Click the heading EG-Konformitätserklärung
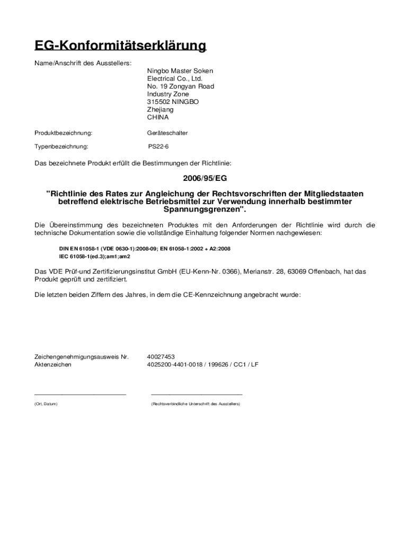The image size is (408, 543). (120, 46)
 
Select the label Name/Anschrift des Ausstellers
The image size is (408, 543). (75, 64)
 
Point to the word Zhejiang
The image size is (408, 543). (160, 110)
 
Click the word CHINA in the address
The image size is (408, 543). (158, 117)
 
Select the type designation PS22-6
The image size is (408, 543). (158, 146)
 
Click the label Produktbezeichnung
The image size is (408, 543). (64, 133)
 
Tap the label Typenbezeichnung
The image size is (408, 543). (61, 146)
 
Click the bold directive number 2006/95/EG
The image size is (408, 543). (205, 179)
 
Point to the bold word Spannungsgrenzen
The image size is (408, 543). (203, 209)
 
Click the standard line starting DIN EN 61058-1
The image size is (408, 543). (144, 248)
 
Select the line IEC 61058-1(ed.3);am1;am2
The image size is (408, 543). (94, 256)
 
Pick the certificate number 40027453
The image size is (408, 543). (161, 357)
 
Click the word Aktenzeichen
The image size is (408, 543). (53, 365)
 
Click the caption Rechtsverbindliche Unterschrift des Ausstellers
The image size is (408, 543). (196, 404)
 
